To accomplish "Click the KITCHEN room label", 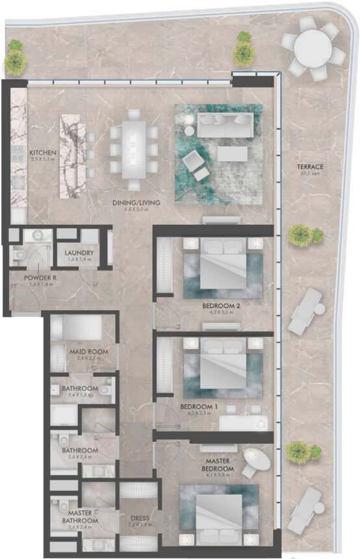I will pos(43,153).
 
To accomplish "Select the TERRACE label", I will pos(312,166).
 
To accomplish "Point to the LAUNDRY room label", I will pos(80,252).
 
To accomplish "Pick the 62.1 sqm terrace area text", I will pos(312,174).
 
